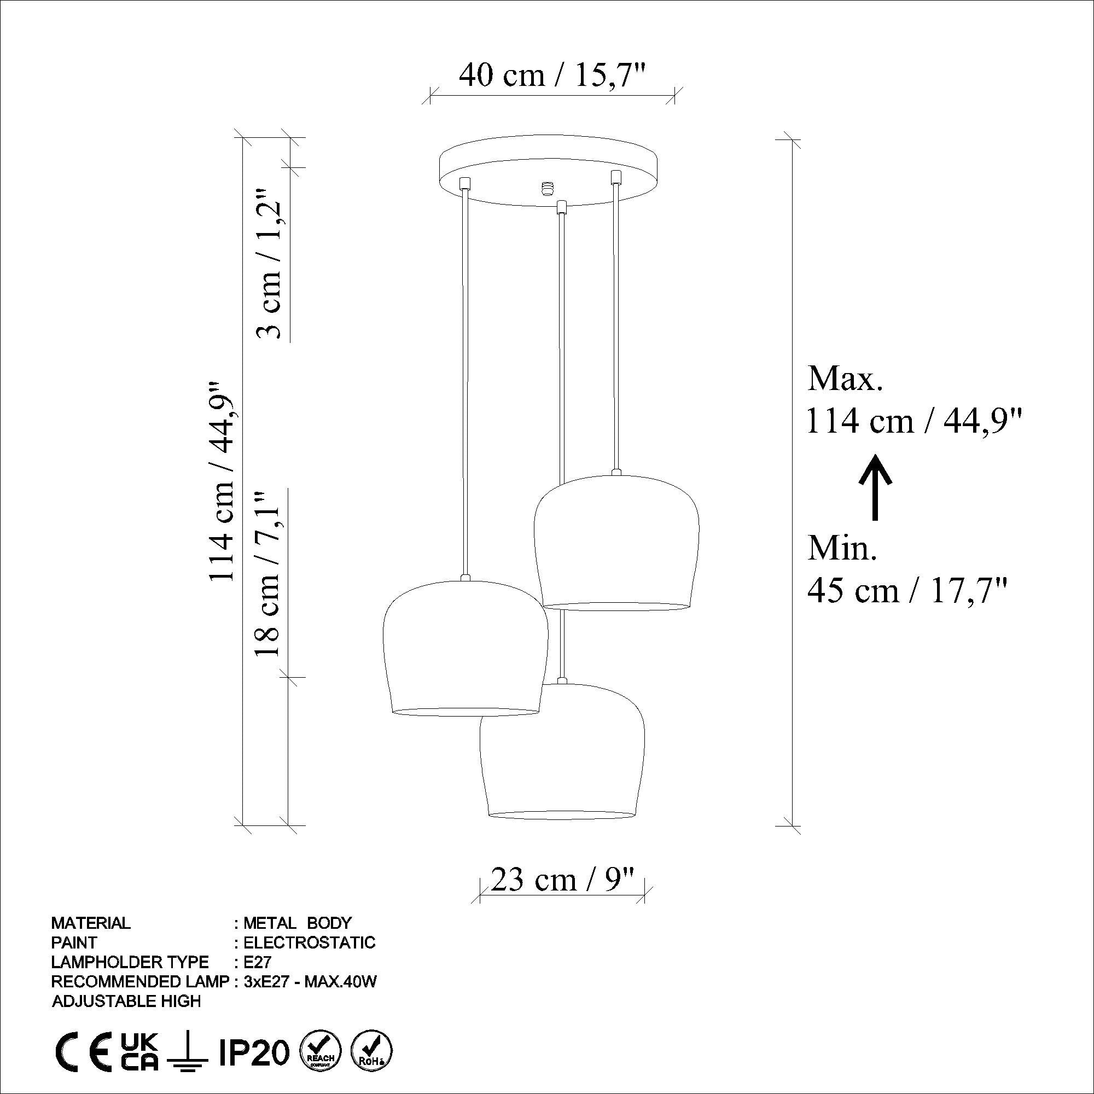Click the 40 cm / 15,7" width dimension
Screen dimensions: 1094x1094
(551, 75)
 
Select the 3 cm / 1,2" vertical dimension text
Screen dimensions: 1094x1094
(271, 263)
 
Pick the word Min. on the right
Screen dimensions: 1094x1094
(842, 548)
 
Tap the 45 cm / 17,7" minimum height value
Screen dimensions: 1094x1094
(907, 591)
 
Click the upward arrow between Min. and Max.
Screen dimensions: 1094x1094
(875, 487)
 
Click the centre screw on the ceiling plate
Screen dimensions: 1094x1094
(547, 188)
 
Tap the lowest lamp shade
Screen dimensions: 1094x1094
(562, 753)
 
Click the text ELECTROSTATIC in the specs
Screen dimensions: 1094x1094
(309, 943)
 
